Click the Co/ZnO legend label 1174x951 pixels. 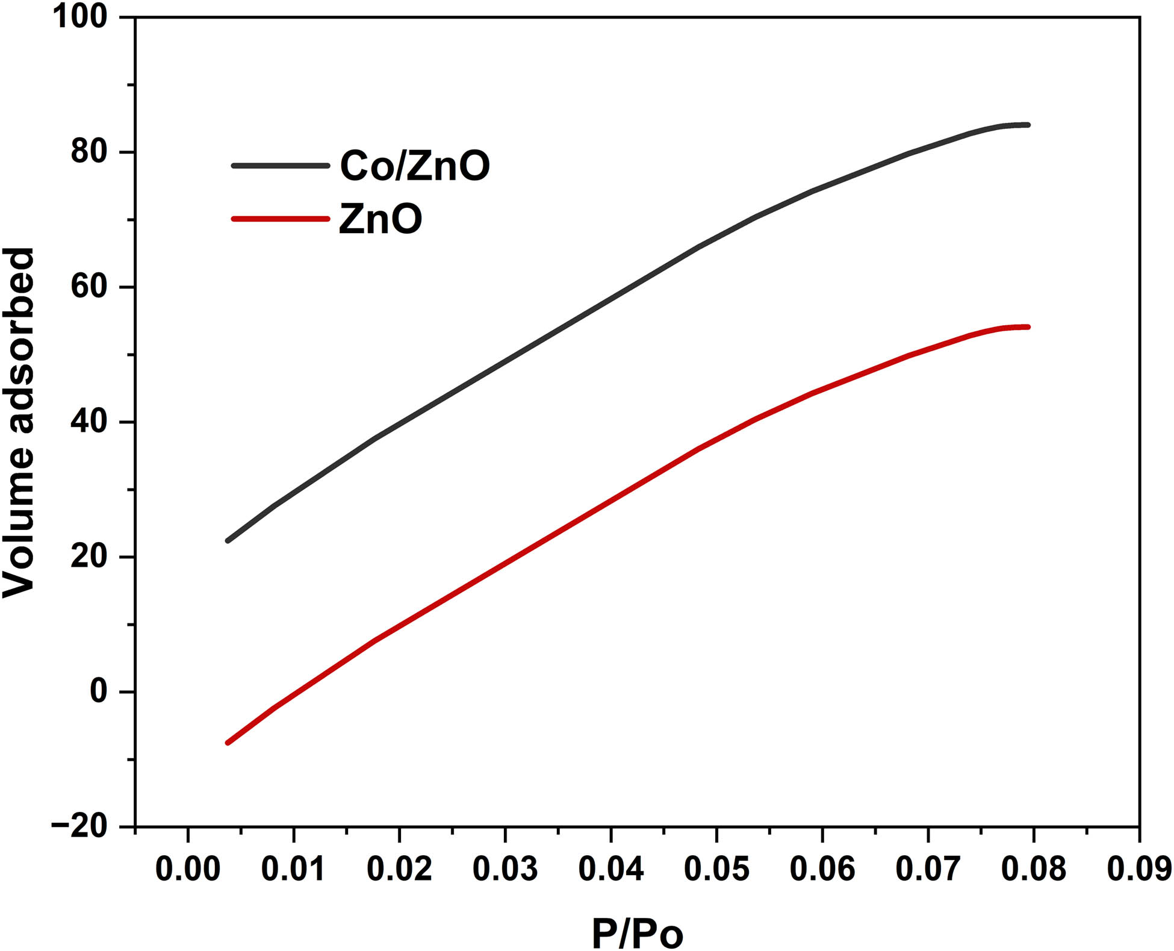[415, 166]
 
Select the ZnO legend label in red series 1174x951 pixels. [380, 219]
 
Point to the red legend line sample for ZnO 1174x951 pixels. [281, 219]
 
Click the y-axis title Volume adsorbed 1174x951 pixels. [18, 422]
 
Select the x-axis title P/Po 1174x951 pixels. [638, 934]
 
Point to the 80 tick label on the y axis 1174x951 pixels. [89, 152]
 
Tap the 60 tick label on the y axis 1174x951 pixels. [89, 287]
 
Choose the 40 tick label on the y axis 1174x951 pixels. [89, 422]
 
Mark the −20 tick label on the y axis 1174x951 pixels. [79, 827]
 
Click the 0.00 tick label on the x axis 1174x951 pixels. [188, 869]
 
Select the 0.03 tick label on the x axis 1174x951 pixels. [505, 869]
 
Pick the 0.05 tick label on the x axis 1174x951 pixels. [716, 869]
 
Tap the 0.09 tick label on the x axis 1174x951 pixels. [1139, 869]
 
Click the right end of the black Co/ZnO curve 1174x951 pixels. [1028, 125]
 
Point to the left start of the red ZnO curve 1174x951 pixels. [228, 743]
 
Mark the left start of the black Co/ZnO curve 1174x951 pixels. [228, 540]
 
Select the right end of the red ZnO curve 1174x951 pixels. [1028, 327]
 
